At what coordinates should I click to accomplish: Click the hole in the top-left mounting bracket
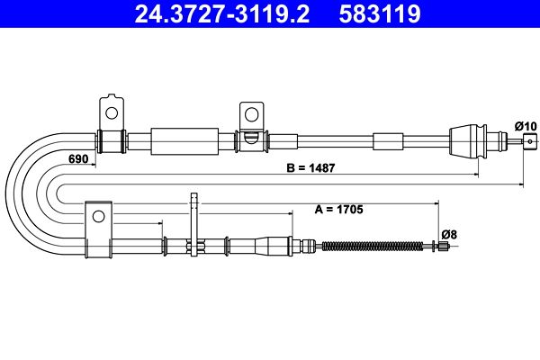coord(112,112)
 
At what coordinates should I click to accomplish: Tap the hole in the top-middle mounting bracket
coord(250,115)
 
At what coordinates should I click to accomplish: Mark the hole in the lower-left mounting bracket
coord(98,214)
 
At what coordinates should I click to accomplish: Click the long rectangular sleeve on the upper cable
coord(184,141)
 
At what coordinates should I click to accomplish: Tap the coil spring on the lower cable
coord(371,245)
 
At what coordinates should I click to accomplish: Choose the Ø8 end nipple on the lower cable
coord(444,245)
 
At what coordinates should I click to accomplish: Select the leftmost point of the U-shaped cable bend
coord(8,192)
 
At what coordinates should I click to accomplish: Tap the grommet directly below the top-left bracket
coord(111,141)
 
